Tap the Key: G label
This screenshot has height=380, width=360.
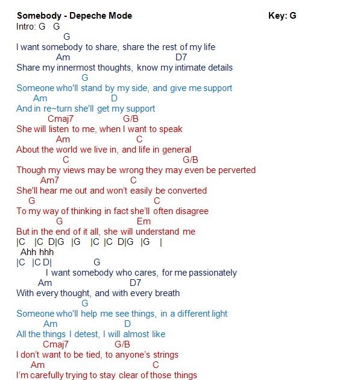pyautogui.click(x=282, y=16)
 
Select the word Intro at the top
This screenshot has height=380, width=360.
pyautogui.click(x=26, y=27)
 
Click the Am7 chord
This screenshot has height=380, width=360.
pyautogui.click(x=49, y=180)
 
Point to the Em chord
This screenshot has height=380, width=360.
pyautogui.click(x=144, y=221)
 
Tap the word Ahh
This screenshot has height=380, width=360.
pyautogui.click(x=28, y=252)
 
